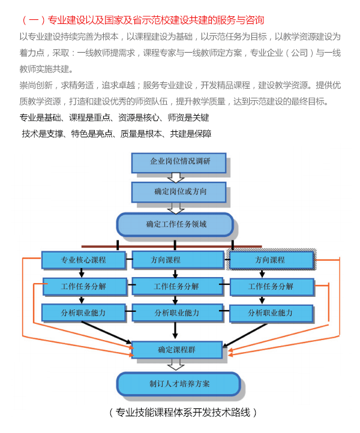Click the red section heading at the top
click(x=142, y=20)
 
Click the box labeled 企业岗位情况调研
click(x=179, y=163)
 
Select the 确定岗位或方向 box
click(x=179, y=192)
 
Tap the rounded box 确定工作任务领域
click(x=175, y=224)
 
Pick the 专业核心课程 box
click(x=83, y=260)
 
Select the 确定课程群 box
click(x=177, y=350)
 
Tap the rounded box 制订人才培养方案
click(x=178, y=384)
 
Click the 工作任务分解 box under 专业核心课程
click(x=85, y=287)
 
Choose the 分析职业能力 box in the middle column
click(x=178, y=313)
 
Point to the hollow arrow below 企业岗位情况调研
click(x=176, y=178)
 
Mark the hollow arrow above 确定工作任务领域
click(x=176, y=208)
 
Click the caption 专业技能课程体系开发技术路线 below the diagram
click(x=183, y=413)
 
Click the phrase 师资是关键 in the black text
click(x=188, y=118)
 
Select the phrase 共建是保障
click(x=191, y=134)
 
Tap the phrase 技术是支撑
click(x=43, y=134)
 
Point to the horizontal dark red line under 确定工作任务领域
click(x=172, y=246)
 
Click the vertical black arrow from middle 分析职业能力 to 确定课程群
click(x=175, y=330)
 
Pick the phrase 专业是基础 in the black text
click(x=40, y=118)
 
